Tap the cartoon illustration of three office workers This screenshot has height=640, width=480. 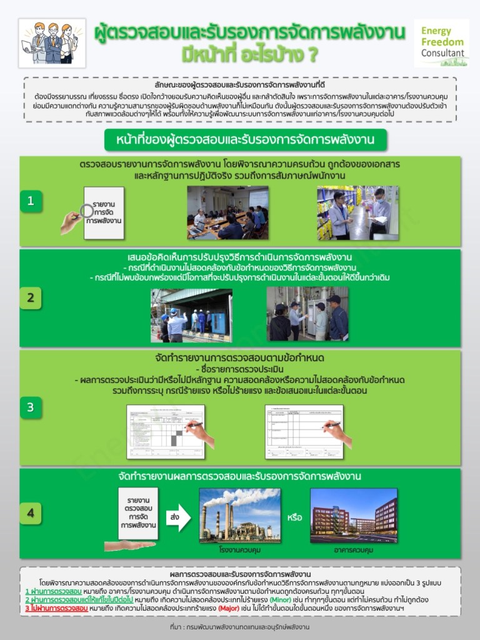[x=52, y=42]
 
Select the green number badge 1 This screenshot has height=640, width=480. [x=30, y=201]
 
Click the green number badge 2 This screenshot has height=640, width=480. [x=30, y=298]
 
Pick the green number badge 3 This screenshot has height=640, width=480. [x=30, y=407]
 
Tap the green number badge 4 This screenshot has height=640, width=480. [x=30, y=514]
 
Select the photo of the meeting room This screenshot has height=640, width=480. [x=227, y=212]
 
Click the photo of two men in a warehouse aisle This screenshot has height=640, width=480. [x=357, y=212]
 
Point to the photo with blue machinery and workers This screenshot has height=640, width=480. [x=191, y=314]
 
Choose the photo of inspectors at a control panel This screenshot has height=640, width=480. [x=307, y=314]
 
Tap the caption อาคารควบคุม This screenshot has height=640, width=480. [x=354, y=550]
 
